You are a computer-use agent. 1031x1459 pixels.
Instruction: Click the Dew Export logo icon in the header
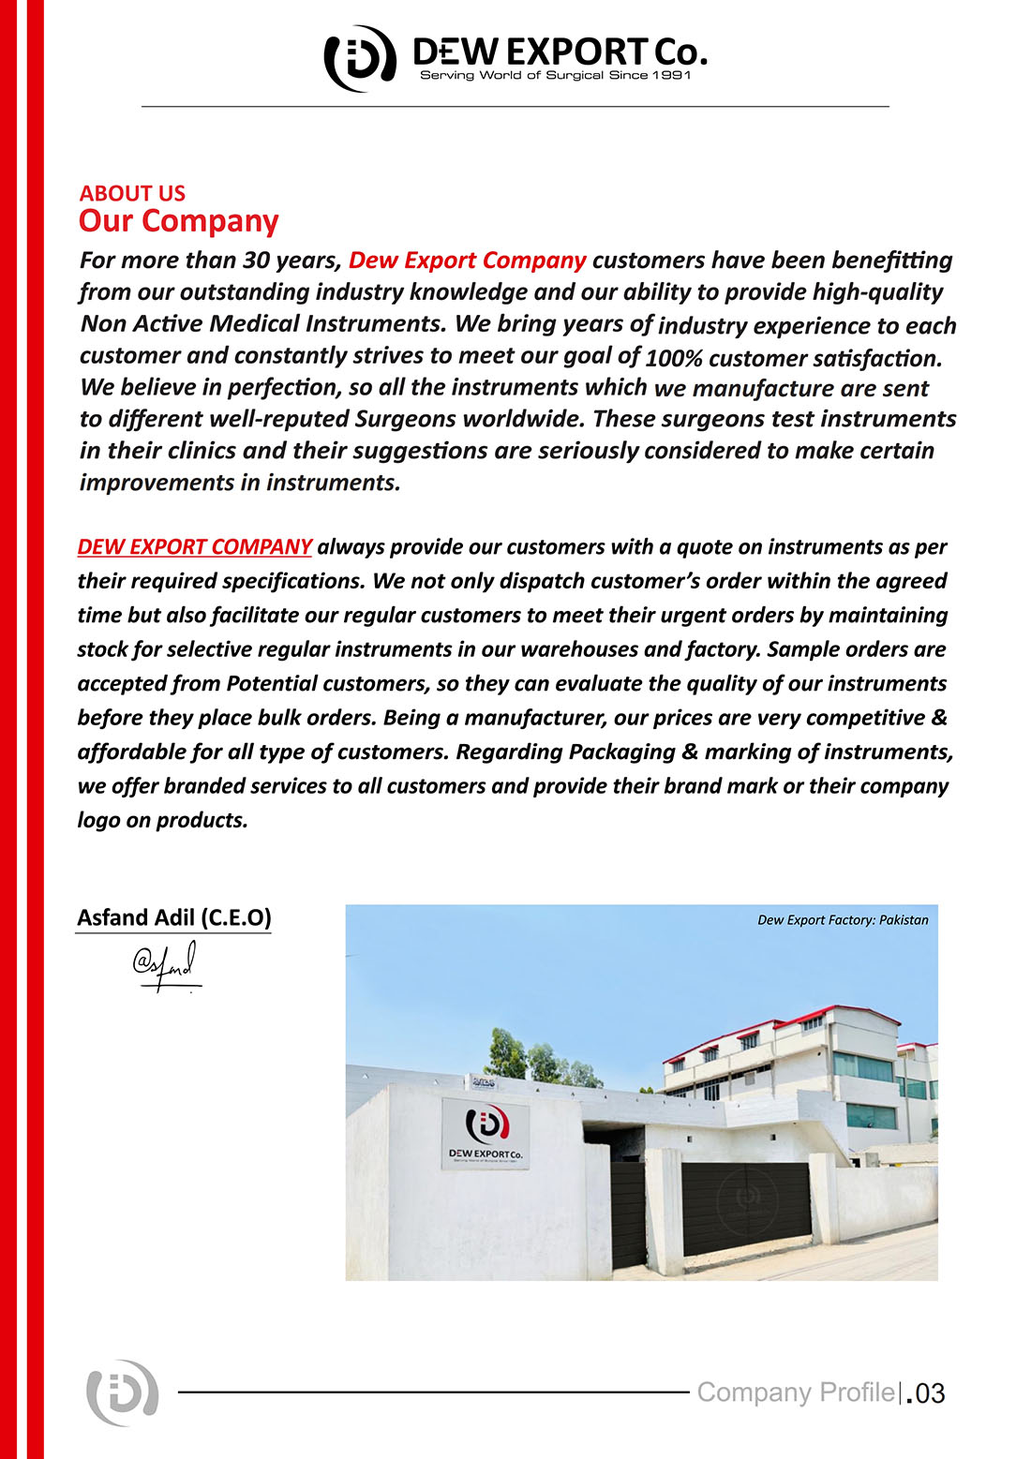click(359, 58)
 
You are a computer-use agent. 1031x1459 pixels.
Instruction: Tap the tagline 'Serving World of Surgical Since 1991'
click(555, 75)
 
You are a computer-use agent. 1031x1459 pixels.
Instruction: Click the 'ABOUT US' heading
click(132, 193)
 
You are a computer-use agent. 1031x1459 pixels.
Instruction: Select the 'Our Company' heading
click(178, 221)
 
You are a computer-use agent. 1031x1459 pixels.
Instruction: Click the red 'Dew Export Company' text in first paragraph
click(467, 260)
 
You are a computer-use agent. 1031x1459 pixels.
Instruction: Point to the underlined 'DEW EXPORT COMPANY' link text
click(194, 546)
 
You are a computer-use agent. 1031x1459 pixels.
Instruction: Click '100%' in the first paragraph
click(674, 358)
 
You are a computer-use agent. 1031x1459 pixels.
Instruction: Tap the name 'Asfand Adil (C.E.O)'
click(173, 917)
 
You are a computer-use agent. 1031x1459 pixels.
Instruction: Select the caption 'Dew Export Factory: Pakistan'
click(843, 920)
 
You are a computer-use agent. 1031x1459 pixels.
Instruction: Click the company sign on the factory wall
click(485, 1134)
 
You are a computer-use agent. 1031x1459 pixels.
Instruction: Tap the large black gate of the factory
click(745, 1207)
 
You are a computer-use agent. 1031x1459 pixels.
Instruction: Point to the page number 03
click(929, 1393)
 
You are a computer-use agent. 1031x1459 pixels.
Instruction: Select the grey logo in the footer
click(122, 1392)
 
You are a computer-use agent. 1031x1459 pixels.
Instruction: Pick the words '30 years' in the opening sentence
click(291, 260)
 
